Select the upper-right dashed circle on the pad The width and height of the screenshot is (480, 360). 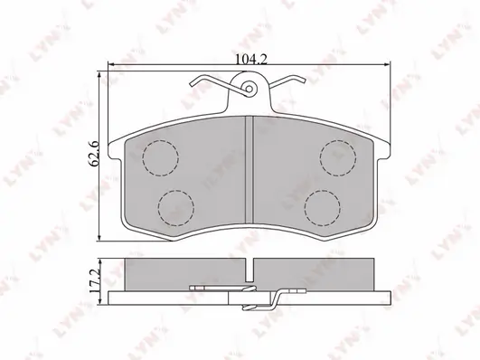point(336,159)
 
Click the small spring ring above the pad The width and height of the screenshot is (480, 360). point(249,90)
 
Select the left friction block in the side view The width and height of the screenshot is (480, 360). point(181,271)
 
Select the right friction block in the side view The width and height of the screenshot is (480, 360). point(316,271)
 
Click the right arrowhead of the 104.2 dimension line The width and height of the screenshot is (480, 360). point(389,65)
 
